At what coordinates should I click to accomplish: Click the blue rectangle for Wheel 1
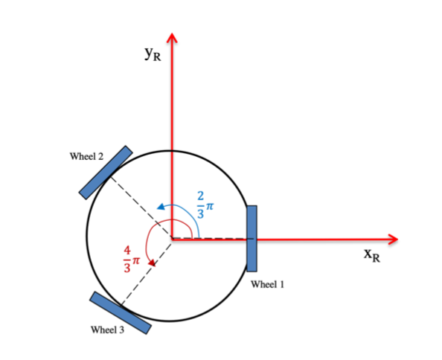[x=252, y=238]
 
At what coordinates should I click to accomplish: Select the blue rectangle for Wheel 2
[x=106, y=172]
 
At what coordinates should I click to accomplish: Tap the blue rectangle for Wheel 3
[x=120, y=312]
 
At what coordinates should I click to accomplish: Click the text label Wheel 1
[x=267, y=284]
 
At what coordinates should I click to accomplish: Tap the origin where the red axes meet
[x=173, y=239]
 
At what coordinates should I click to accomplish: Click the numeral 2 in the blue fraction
[x=199, y=196]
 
